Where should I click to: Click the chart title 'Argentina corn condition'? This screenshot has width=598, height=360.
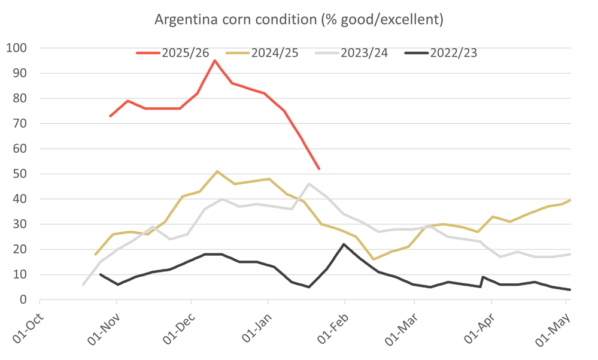pyautogui.click(x=299, y=19)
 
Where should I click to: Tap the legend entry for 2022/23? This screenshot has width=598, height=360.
pyautogui.click(x=441, y=53)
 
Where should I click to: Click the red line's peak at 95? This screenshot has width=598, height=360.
pyautogui.click(x=215, y=60)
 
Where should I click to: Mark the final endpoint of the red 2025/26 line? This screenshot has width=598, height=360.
pyautogui.click(x=319, y=169)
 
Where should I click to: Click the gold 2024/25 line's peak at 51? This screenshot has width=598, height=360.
pyautogui.click(x=217, y=171)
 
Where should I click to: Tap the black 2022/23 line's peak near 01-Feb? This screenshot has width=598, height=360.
pyautogui.click(x=344, y=244)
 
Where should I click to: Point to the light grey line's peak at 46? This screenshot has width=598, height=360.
pyautogui.click(x=309, y=184)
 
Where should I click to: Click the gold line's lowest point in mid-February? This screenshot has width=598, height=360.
pyautogui.click(x=374, y=259)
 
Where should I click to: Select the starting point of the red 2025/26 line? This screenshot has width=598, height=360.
pyautogui.click(x=110, y=116)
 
